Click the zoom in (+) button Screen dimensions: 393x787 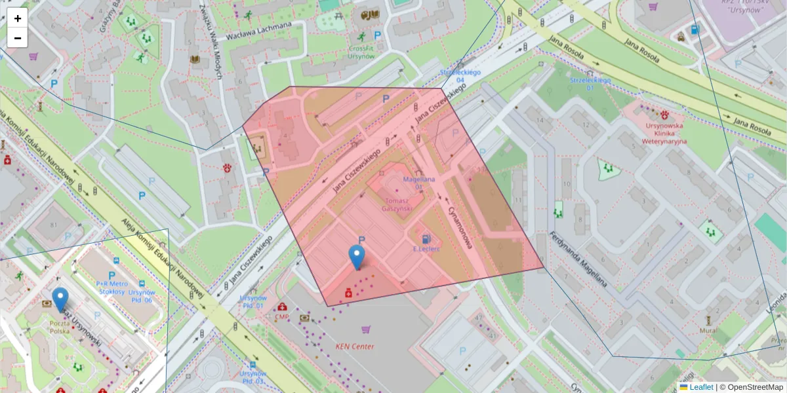(18, 18)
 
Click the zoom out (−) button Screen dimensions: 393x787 (18, 38)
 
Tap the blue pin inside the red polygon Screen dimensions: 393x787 (357, 257)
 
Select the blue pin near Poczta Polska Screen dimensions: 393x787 (60, 299)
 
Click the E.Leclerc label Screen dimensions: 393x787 (426, 249)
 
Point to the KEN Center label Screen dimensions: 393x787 (355, 346)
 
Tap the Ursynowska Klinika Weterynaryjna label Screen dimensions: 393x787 (665, 132)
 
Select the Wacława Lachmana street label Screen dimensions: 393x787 (258, 31)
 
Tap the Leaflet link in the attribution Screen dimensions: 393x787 (701, 387)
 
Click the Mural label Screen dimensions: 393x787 (708, 331)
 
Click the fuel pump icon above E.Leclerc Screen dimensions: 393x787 (427, 238)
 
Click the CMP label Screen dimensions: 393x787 (282, 318)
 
